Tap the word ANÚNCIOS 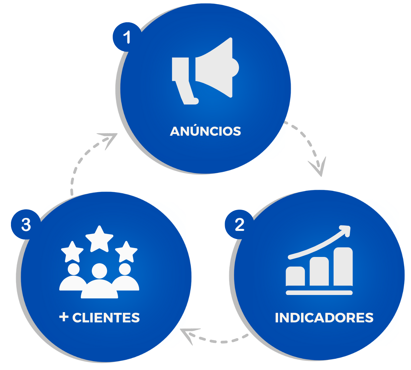[x=206, y=131]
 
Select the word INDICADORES [x=324, y=318]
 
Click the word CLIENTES [x=106, y=318]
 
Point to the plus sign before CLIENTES [x=64, y=317]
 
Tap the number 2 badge [x=239, y=225]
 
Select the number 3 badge [x=26, y=225]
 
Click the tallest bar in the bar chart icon [x=343, y=267]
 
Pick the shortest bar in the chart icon [x=295, y=276]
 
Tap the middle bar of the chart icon [x=319, y=271]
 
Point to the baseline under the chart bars [x=319, y=293]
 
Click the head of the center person [x=99, y=271]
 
